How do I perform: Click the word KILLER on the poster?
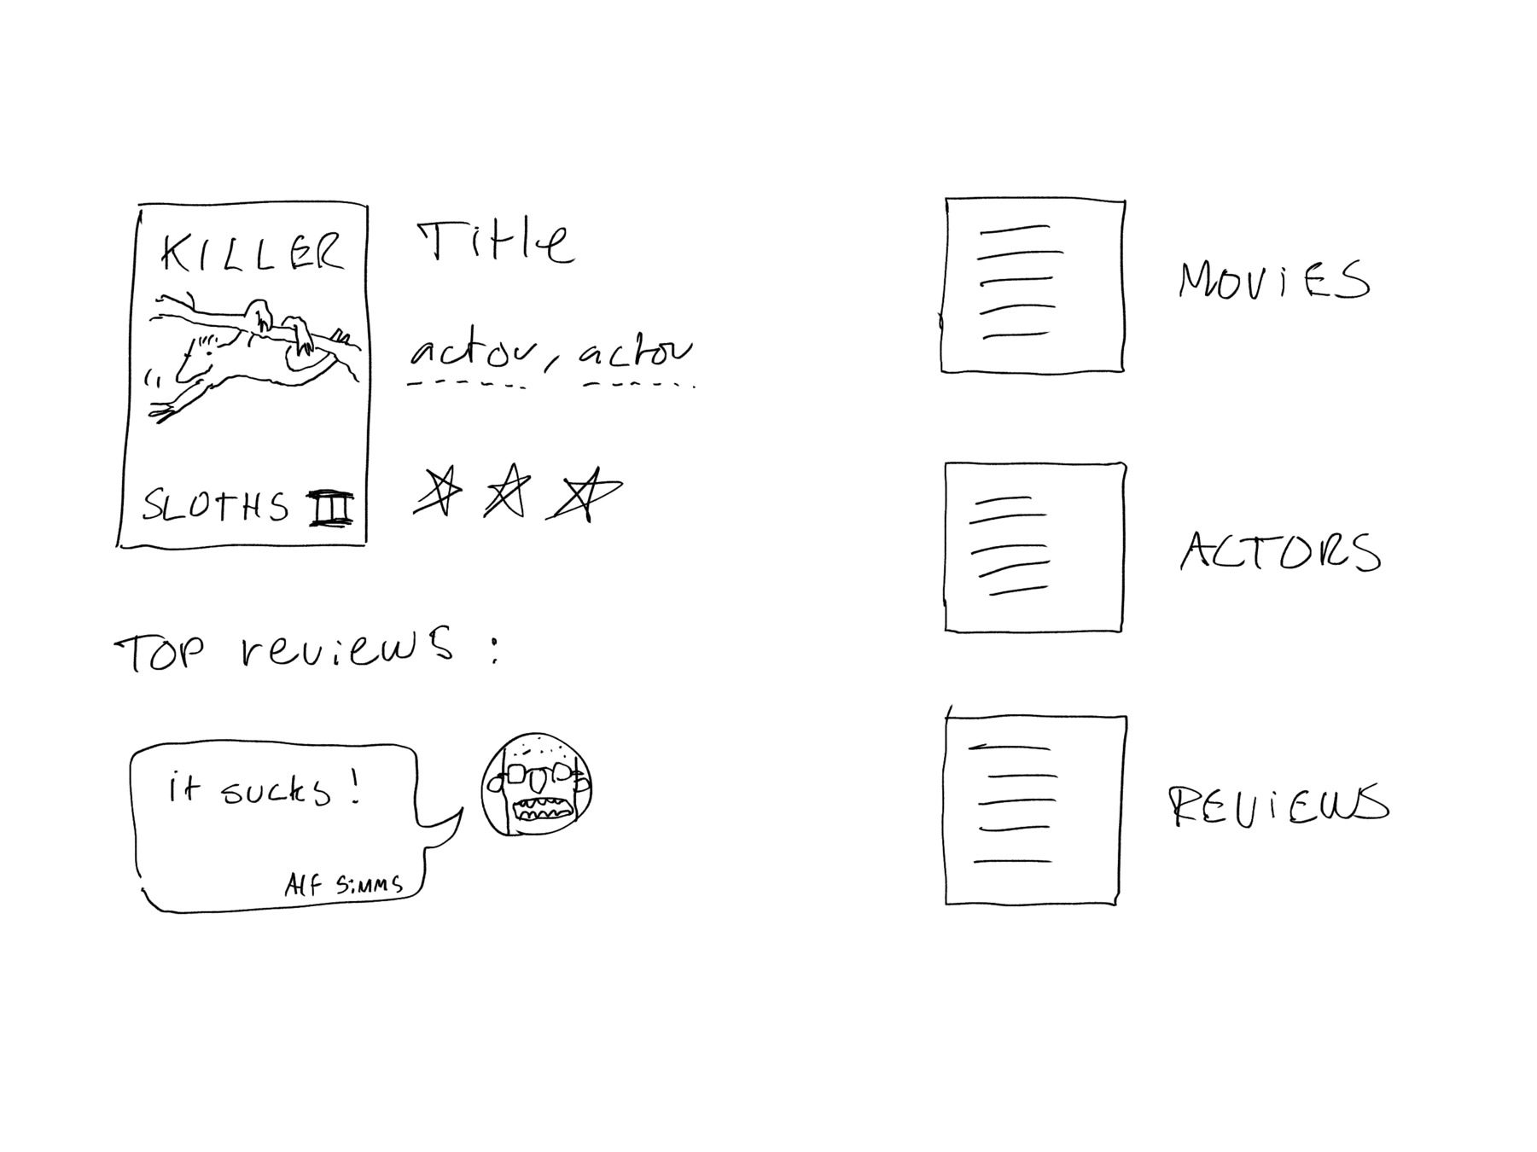[x=253, y=253]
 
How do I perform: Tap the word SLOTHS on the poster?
[x=216, y=506]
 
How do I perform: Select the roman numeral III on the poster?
[x=330, y=509]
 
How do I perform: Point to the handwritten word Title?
[x=495, y=242]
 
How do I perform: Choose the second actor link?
[x=636, y=352]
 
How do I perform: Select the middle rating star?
[x=507, y=492]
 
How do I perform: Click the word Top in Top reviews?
[x=160, y=654]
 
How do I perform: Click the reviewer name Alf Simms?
[x=344, y=884]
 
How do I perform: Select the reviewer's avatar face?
[x=537, y=784]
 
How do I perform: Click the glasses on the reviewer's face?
[x=536, y=773]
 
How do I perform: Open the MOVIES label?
[x=1274, y=281]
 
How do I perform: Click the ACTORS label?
[x=1280, y=551]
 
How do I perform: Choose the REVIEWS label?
[x=1278, y=806]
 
